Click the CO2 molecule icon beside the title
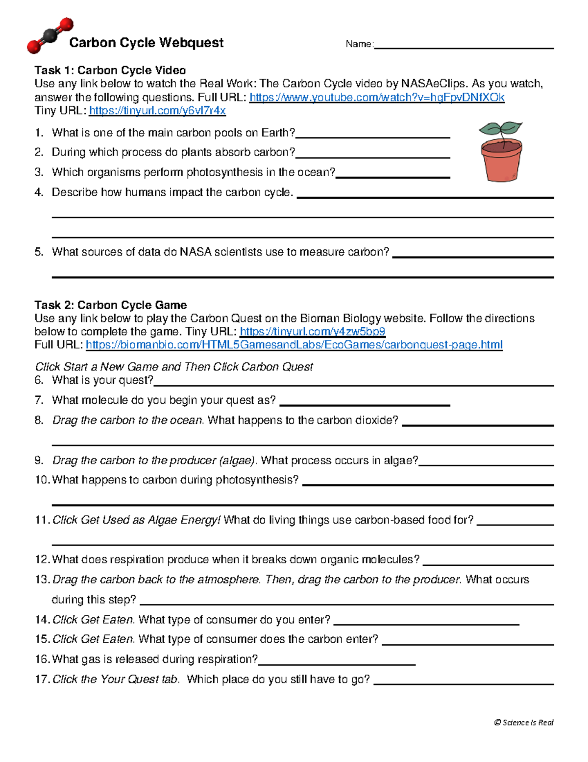point(50,35)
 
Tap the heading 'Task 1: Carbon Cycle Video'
point(110,70)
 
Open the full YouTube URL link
point(376,97)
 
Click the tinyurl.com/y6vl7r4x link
point(157,110)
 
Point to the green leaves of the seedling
point(500,129)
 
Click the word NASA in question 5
point(196,252)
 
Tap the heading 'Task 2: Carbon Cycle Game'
point(110,305)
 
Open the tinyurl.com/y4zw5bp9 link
point(312,331)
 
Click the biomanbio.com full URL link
point(294,344)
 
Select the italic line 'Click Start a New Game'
point(174,367)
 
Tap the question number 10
point(42,480)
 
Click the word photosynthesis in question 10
point(254,480)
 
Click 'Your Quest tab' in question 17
point(139,679)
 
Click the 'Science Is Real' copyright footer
point(523,722)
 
